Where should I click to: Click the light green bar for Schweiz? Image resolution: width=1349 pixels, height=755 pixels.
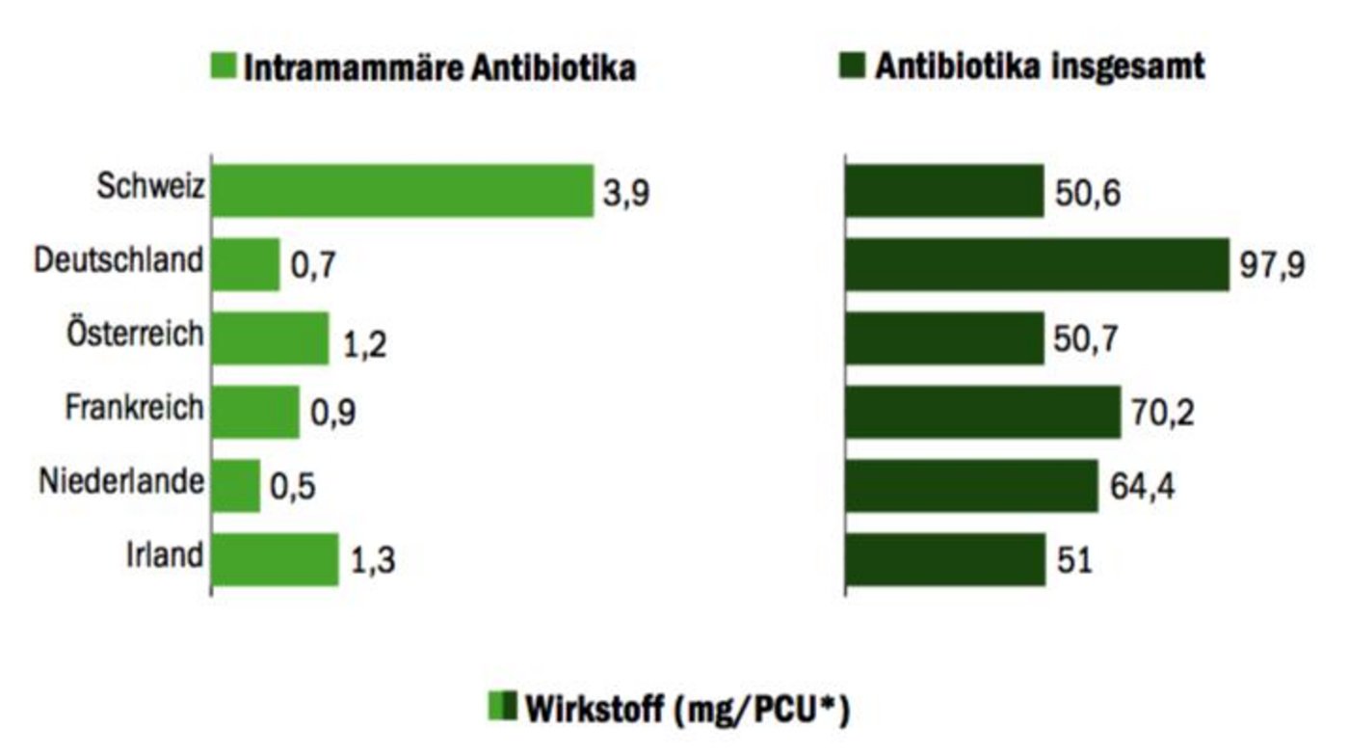pyautogui.click(x=402, y=191)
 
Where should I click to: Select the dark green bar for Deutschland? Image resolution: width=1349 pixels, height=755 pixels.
pyautogui.click(x=1037, y=264)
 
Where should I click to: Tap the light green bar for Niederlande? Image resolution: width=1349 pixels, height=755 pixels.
pyautogui.click(x=236, y=485)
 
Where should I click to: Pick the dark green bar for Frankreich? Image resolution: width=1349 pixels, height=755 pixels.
pyautogui.click(x=983, y=412)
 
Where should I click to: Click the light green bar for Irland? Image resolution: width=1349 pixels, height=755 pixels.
pyautogui.click(x=276, y=559)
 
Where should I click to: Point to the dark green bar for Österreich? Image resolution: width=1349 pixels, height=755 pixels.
pyautogui.click(x=944, y=338)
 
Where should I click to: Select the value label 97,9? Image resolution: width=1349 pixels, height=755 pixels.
pyautogui.click(x=1273, y=265)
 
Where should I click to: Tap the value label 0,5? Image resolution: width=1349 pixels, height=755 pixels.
pyautogui.click(x=293, y=488)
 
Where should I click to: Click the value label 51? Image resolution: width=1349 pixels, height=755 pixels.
pyautogui.click(x=1074, y=560)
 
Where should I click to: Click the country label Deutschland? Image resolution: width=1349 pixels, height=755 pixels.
pyautogui.click(x=119, y=261)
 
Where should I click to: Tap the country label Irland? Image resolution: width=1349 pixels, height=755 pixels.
pyautogui.click(x=165, y=556)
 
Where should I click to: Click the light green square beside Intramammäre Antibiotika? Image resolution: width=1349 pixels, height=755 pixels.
pyautogui.click(x=224, y=68)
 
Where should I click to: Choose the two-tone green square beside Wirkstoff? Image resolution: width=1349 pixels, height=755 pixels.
pyautogui.click(x=503, y=708)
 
